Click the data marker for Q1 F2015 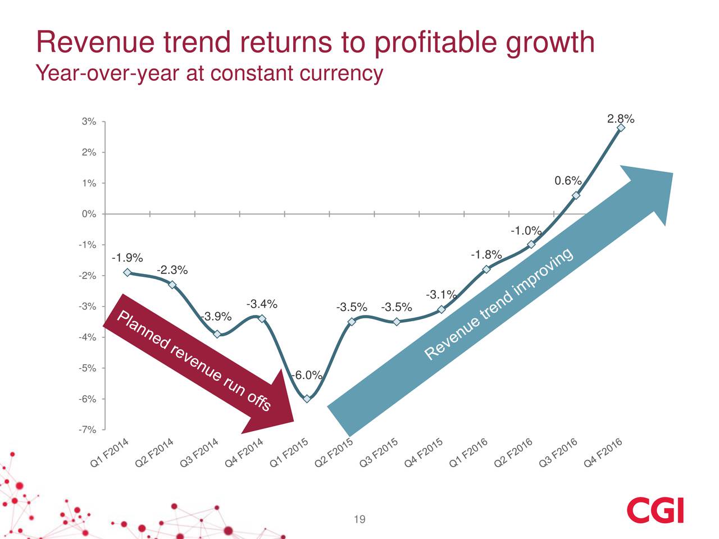point(307,399)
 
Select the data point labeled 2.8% point(621,128)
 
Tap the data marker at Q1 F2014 point(128,272)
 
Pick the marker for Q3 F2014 point(217,334)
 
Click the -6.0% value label point(307,375)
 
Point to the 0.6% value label point(567,181)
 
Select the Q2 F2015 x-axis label point(334,453)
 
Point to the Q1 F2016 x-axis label point(469,453)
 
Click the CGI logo point(656,510)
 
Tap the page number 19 point(359,519)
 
